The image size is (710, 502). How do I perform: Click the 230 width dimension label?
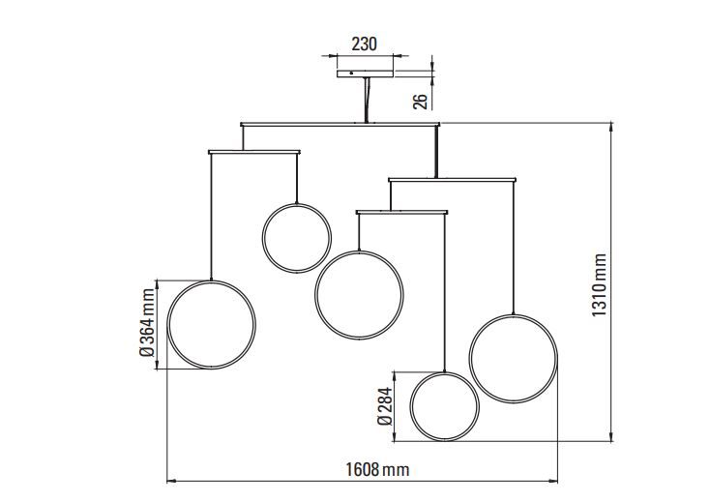click(364, 44)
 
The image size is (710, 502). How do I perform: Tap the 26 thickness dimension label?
click(420, 102)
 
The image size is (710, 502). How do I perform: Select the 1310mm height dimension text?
click(599, 285)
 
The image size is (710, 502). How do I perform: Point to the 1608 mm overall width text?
click(377, 469)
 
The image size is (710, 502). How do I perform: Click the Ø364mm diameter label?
click(147, 323)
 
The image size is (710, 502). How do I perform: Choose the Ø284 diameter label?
click(384, 406)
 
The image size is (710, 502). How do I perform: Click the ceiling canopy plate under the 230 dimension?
click(365, 74)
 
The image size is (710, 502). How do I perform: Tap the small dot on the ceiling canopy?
click(351, 73)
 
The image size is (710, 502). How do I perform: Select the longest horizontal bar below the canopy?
click(340, 124)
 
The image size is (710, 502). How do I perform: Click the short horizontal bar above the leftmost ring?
click(254, 152)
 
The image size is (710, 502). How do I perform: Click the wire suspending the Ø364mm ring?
click(211, 217)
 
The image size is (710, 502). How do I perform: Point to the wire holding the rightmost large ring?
click(513, 248)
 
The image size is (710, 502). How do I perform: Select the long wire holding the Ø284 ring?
click(445, 293)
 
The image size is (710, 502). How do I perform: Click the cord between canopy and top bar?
click(367, 100)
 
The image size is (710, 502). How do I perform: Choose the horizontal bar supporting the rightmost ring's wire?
click(453, 180)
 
